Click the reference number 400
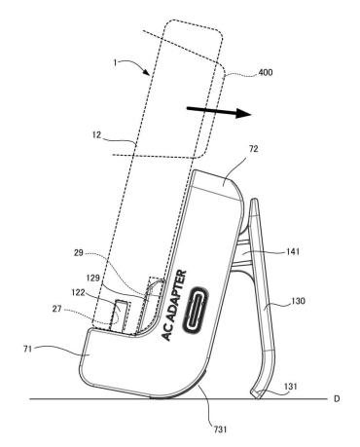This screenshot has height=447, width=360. point(266,72)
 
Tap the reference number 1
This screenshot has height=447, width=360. point(115,62)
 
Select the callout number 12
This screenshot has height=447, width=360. point(97,134)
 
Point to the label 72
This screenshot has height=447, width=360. point(253,149)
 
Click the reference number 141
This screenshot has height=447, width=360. point(292,251)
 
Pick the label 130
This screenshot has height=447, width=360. point(298,301)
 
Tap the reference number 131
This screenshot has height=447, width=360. point(290,387)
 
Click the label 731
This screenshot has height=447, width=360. point(220,429)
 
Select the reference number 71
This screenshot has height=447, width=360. point(28,349)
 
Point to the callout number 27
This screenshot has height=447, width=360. point(57,309)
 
